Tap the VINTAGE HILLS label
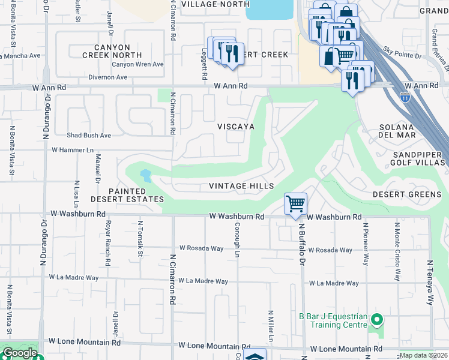[x=241, y=186]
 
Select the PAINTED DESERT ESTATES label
[x=127, y=195]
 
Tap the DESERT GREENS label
[x=406, y=194]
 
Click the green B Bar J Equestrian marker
[x=376, y=319]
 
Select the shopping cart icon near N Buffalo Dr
[x=295, y=204]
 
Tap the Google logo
[x=20, y=353]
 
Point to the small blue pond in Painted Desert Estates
[x=145, y=176]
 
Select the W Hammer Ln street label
[x=73, y=149]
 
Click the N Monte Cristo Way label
[x=397, y=251]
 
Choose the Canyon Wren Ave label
[x=137, y=64]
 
